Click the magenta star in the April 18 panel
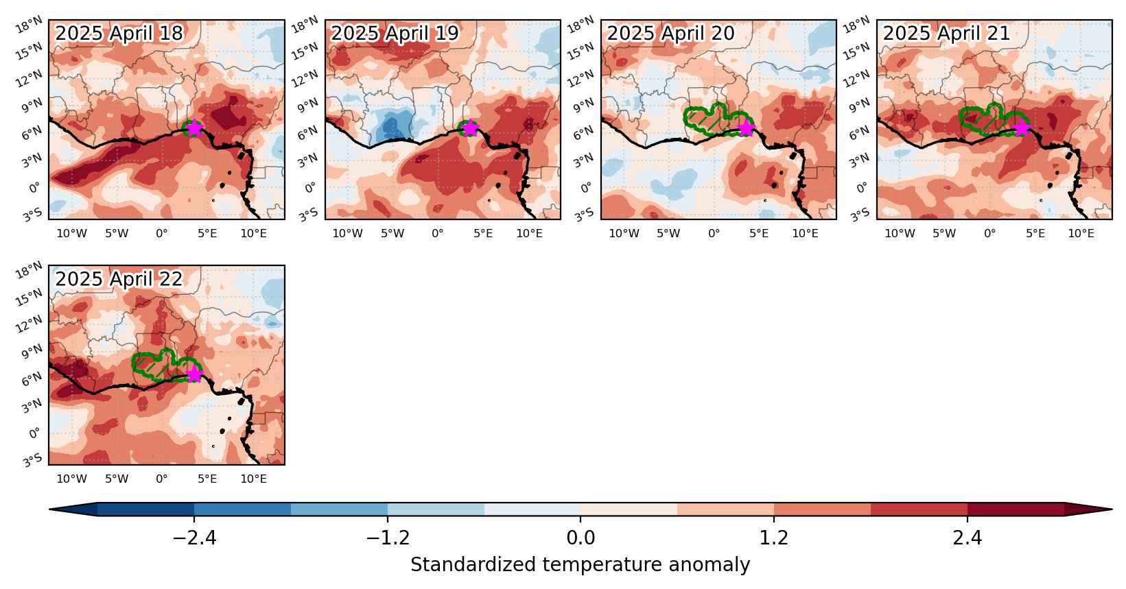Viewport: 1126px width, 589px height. (x=194, y=128)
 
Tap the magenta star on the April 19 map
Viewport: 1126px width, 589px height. (x=470, y=128)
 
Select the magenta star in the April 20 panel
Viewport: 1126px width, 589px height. (x=746, y=128)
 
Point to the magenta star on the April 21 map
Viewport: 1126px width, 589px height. (x=1022, y=128)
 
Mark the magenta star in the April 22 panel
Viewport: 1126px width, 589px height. (x=194, y=374)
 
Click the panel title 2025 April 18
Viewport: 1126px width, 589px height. (x=119, y=33)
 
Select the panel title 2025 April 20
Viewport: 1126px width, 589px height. (x=671, y=33)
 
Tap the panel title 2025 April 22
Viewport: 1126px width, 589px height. (x=119, y=278)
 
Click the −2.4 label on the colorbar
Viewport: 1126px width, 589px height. (x=194, y=538)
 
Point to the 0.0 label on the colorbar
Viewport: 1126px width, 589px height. (x=580, y=538)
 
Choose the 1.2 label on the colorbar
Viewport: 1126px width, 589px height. (x=773, y=538)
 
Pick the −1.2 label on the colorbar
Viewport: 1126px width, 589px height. (x=388, y=538)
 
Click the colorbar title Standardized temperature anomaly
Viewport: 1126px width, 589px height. (x=580, y=565)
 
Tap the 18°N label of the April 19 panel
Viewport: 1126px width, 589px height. (x=307, y=23)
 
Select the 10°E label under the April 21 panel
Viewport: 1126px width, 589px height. (x=1081, y=234)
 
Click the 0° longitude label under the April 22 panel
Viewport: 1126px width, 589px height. (x=162, y=479)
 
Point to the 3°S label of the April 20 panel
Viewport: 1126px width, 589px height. (x=584, y=215)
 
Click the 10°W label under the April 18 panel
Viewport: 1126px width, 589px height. (x=71, y=234)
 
